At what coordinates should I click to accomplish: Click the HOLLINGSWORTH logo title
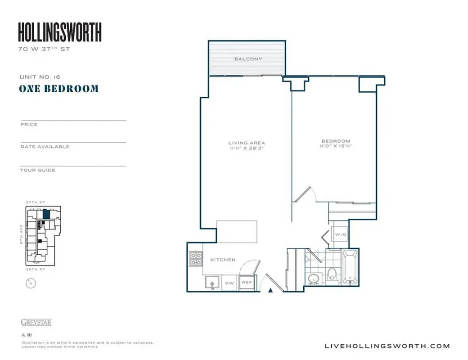59,32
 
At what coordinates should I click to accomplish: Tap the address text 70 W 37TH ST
44,49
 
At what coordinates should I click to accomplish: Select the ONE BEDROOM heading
58,89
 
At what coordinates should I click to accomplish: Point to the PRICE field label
29,125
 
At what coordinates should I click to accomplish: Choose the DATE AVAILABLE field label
45,147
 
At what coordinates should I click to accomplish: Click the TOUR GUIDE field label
38,170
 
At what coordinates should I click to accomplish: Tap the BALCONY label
248,59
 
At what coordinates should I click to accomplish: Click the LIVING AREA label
246,143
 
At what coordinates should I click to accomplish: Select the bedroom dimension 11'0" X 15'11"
336,146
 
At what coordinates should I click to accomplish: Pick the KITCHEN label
223,260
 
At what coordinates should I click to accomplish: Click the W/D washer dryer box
338,234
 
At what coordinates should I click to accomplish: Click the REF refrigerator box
247,282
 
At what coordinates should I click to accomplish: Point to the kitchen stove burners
195,259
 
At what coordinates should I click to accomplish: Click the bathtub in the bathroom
350,268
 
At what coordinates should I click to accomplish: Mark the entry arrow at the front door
270,291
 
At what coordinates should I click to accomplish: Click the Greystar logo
36,322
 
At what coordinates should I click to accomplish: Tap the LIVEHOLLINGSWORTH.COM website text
387,346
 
